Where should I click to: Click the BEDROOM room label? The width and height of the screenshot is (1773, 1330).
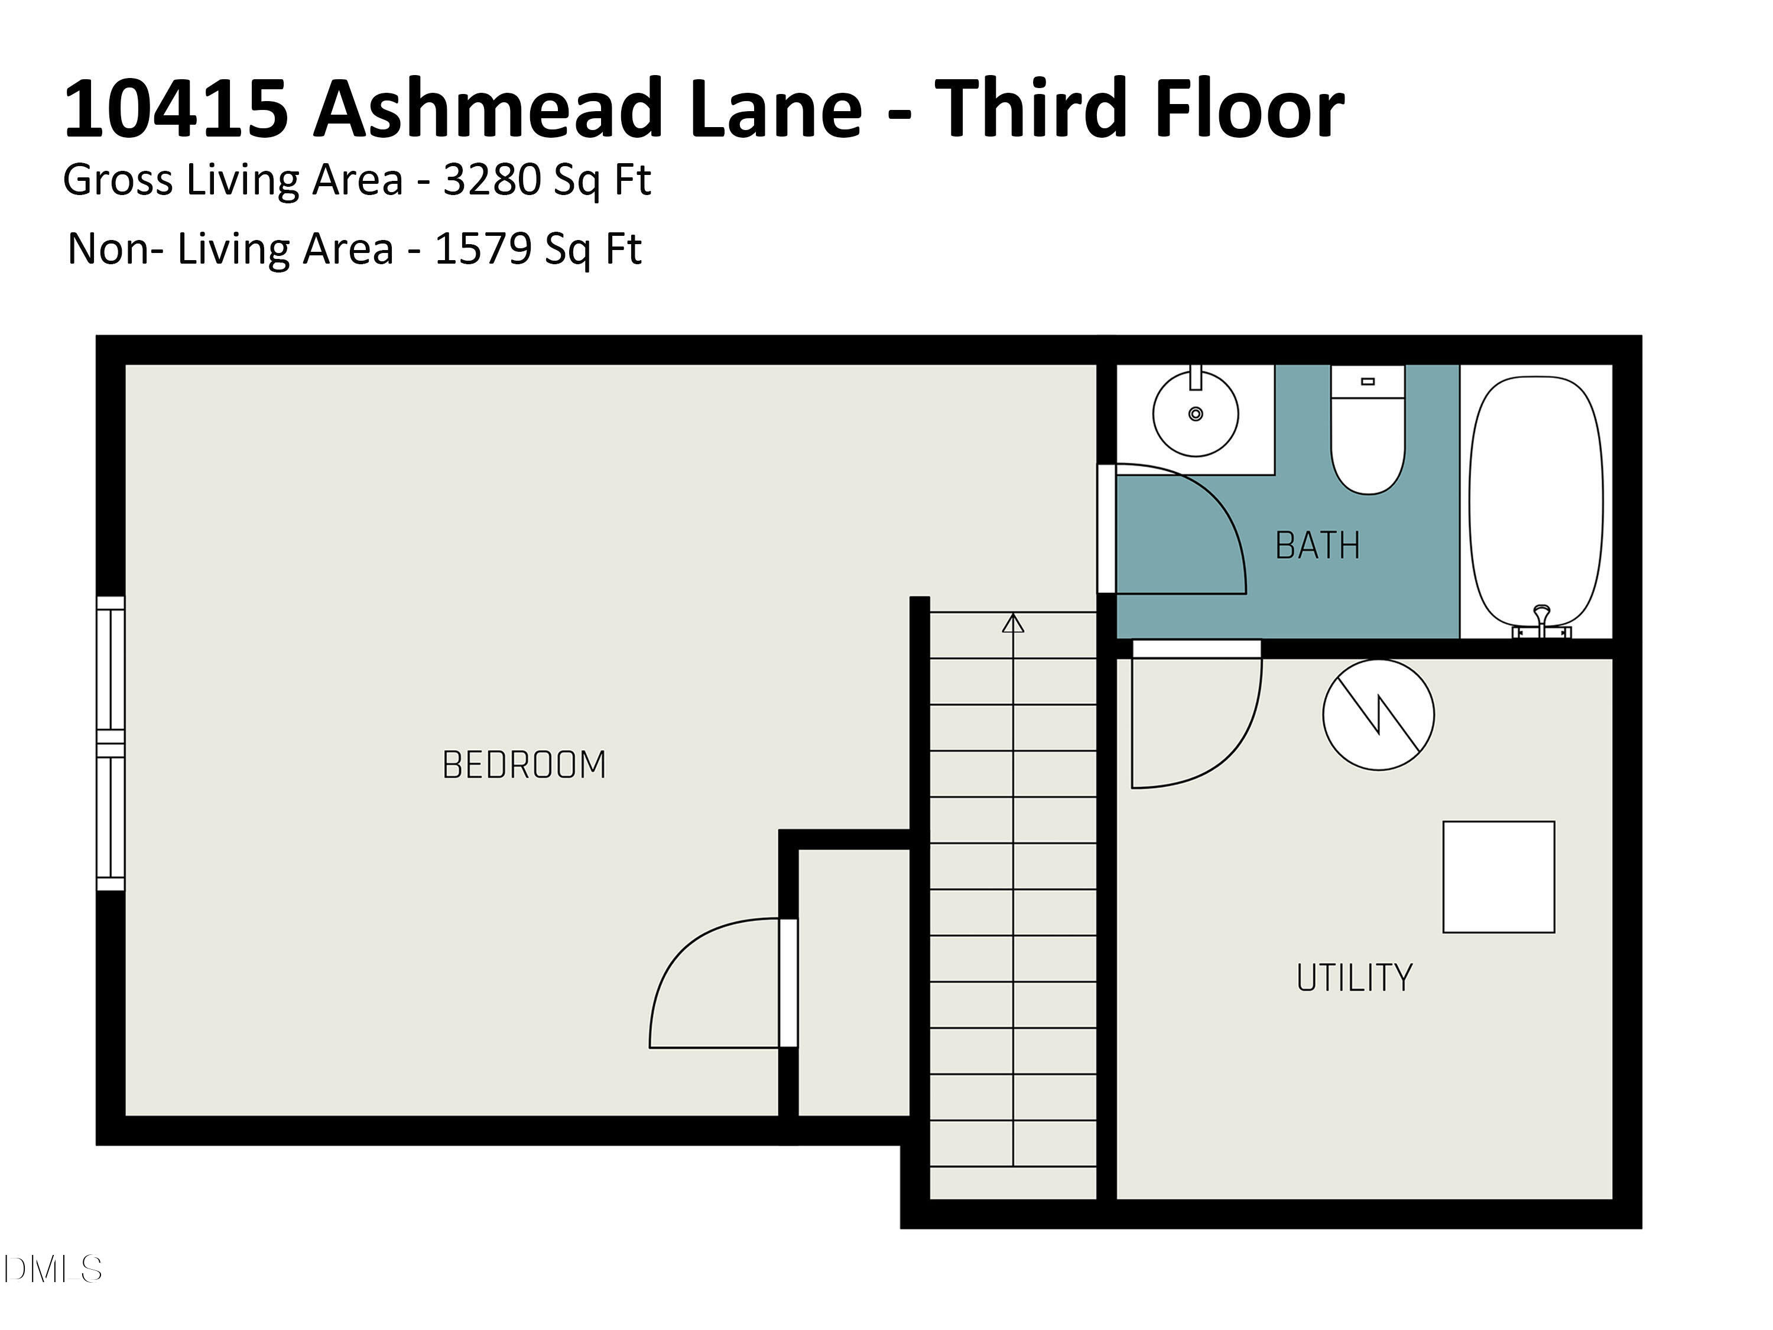[x=524, y=765]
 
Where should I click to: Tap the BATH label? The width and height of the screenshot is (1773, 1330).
[x=1317, y=546]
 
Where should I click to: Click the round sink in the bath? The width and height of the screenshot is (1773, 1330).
[x=1195, y=414]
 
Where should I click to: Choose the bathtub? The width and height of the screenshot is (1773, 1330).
[x=1536, y=501]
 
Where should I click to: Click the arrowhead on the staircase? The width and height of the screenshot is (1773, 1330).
[x=1013, y=623]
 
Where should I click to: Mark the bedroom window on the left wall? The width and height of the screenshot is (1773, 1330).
[x=111, y=743]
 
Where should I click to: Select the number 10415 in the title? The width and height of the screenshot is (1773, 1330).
[x=176, y=109]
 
